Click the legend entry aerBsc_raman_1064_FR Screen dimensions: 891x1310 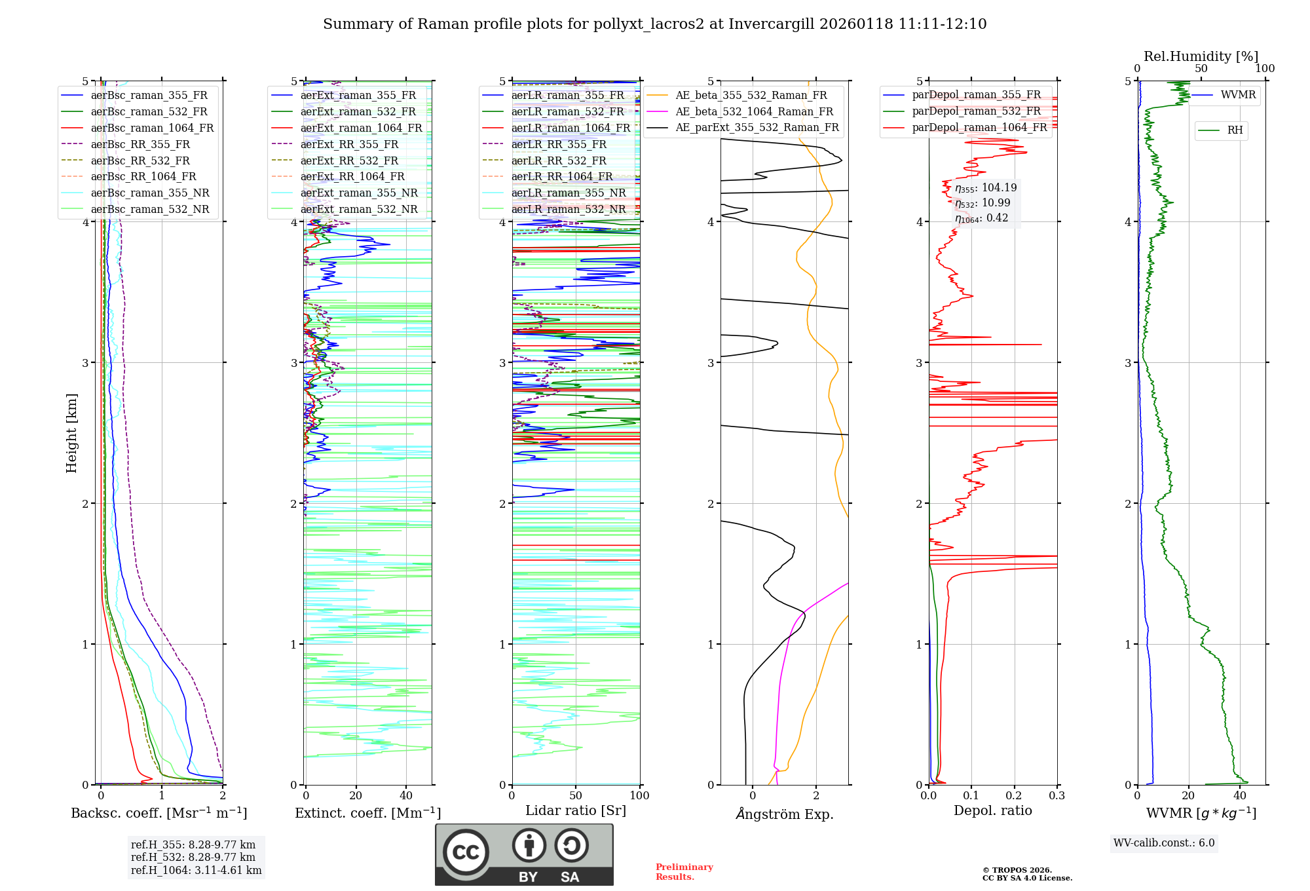(152, 128)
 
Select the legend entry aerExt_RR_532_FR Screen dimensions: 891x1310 (349, 161)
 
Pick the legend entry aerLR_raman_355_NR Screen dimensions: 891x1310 (569, 193)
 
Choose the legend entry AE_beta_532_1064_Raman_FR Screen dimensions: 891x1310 (754, 111)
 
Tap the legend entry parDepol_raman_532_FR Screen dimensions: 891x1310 (976, 111)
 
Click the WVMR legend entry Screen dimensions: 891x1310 (1238, 95)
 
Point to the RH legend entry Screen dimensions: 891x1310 (1235, 130)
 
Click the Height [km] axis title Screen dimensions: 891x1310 (71, 433)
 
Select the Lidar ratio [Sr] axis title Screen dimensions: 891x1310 (576, 810)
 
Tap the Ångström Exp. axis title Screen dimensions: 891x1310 (785, 814)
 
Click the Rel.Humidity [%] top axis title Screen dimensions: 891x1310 (1201, 56)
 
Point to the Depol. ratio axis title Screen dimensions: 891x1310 (992, 810)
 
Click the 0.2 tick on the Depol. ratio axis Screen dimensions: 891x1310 (1014, 795)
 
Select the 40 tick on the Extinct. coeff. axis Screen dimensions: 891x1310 (406, 795)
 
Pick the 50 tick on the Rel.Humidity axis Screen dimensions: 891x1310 (1201, 69)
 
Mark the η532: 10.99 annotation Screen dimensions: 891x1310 (982, 203)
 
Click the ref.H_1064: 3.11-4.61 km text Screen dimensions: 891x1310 (196, 870)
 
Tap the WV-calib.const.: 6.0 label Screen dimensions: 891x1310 (1164, 843)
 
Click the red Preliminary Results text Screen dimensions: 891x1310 (684, 872)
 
